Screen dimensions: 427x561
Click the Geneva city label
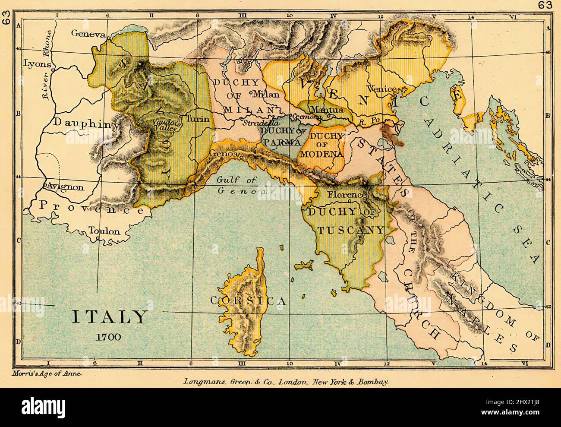click(x=88, y=34)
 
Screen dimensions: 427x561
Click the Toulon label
click(x=104, y=231)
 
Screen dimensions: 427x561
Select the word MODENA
click(x=328, y=154)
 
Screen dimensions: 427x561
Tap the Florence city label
click(x=346, y=195)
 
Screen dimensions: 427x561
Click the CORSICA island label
click(x=248, y=301)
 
